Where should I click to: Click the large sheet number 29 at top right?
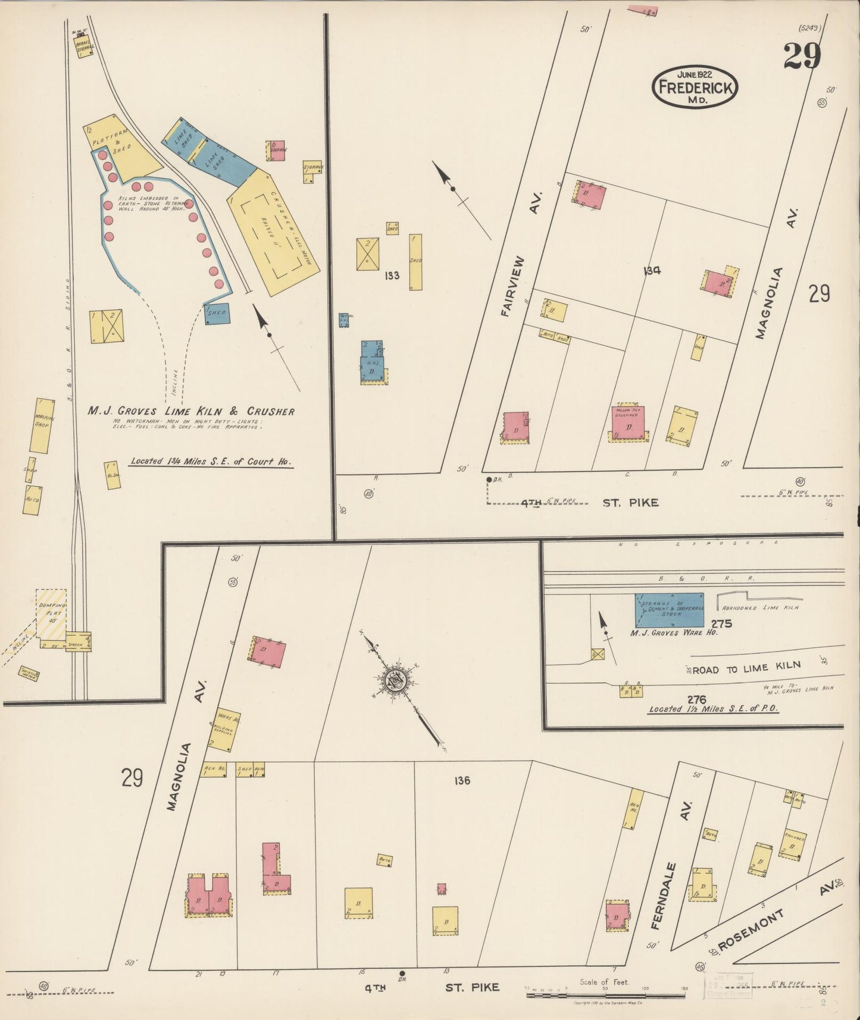(x=802, y=57)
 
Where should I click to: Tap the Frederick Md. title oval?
(x=695, y=87)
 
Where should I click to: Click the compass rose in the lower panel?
(x=395, y=680)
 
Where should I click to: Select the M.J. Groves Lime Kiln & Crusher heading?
(x=191, y=411)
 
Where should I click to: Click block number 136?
(x=461, y=780)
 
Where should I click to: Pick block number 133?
(x=392, y=276)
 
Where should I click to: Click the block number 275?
(x=720, y=624)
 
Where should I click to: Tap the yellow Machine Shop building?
(x=42, y=425)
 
